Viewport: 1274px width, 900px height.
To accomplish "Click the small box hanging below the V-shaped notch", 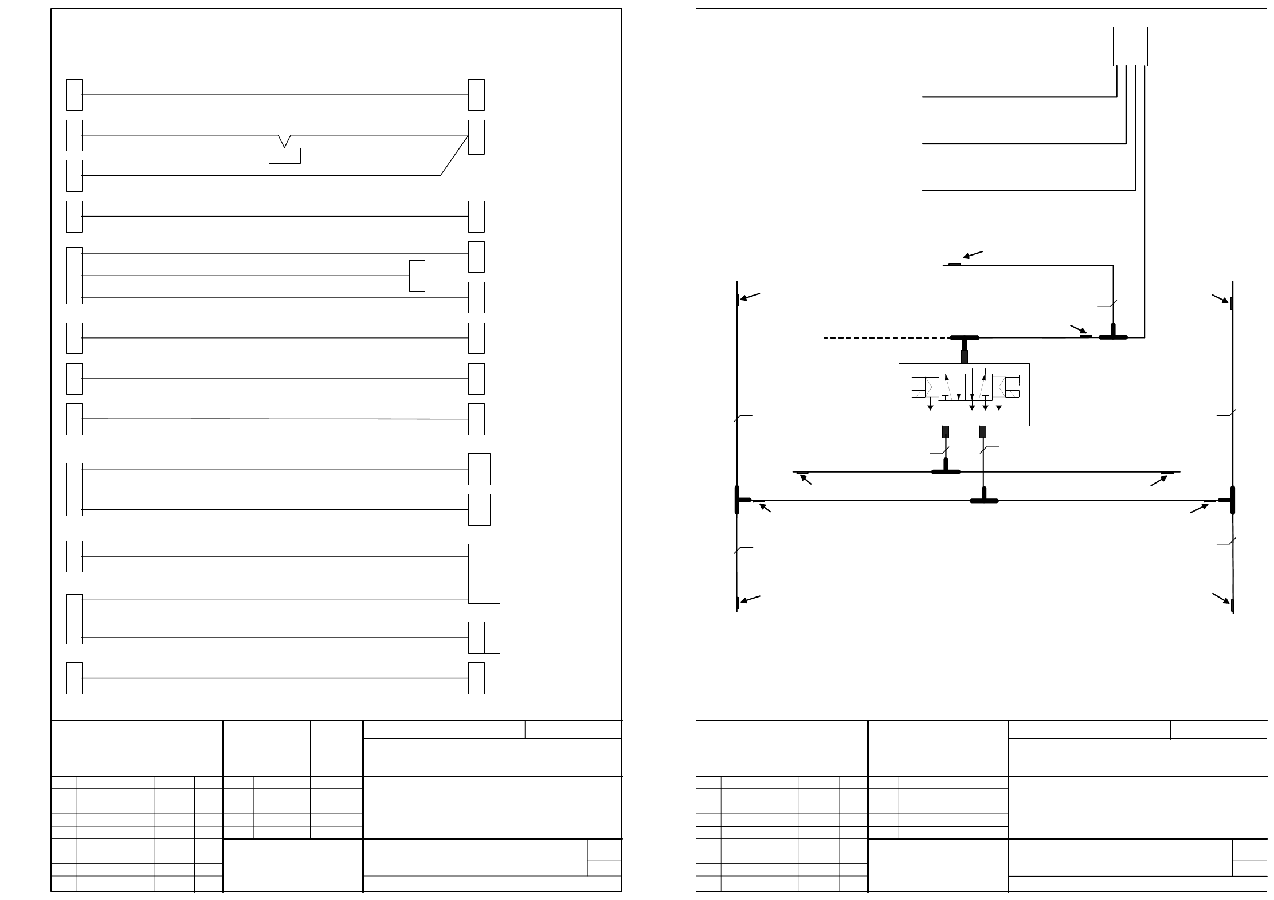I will click(284, 156).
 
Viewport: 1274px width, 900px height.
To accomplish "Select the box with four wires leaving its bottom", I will click(1130, 46).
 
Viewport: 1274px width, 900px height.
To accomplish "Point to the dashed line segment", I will click(886, 338).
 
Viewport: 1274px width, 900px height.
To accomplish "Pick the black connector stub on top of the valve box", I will click(965, 356).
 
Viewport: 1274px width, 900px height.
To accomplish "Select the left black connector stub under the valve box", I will click(946, 432).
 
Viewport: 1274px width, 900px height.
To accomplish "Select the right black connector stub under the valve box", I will click(983, 432).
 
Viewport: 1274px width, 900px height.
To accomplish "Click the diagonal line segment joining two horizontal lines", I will click(454, 155).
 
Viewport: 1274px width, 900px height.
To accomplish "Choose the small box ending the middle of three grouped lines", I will click(417, 276).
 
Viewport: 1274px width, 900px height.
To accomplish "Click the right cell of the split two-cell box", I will click(492, 637).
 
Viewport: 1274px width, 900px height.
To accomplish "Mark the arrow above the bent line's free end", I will click(973, 254).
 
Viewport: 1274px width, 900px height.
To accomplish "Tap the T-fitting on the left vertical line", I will click(739, 500).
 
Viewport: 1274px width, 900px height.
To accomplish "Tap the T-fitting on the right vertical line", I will click(1230, 500).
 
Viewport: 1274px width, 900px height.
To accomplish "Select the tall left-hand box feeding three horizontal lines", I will click(74, 276).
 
